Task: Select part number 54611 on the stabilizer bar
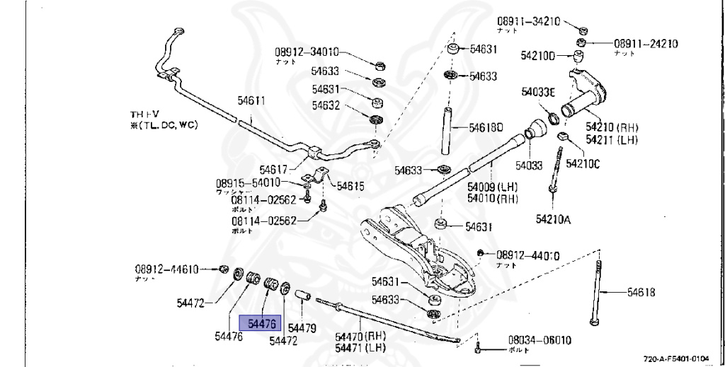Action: pyautogui.click(x=251, y=101)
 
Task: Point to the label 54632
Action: pyautogui.click(x=326, y=106)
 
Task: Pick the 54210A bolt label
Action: pyautogui.click(x=553, y=219)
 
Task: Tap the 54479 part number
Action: pyautogui.click(x=302, y=329)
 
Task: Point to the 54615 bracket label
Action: pyautogui.click(x=350, y=186)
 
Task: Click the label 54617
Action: pyautogui.click(x=273, y=170)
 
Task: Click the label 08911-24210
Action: pyautogui.click(x=646, y=44)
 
